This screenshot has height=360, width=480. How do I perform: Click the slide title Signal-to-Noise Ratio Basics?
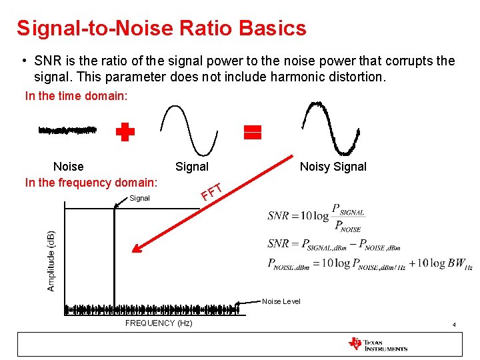tap(161, 28)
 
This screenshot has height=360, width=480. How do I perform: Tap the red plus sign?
tap(125, 132)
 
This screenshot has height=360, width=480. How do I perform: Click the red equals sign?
tap(253, 132)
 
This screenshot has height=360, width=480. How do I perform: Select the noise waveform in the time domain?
tap(67, 130)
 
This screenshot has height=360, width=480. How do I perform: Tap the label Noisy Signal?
tap(333, 167)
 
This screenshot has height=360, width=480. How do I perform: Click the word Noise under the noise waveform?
tap(68, 167)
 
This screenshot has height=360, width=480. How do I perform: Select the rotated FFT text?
tap(211, 191)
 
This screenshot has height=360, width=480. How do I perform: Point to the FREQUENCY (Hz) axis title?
tap(159, 323)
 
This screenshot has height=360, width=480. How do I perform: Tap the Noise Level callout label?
tap(281, 301)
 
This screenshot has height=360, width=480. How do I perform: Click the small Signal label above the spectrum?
tap(139, 198)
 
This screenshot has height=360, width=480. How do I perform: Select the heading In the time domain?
tap(75, 96)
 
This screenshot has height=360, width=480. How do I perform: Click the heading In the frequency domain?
tap(91, 183)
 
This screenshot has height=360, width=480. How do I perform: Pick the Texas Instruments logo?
tap(377, 344)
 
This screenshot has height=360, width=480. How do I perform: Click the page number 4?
tap(454, 325)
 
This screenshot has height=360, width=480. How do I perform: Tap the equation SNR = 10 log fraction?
tap(316, 216)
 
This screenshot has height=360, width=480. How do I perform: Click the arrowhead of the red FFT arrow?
tap(137, 251)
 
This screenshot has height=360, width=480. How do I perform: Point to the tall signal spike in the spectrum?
tap(115, 260)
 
